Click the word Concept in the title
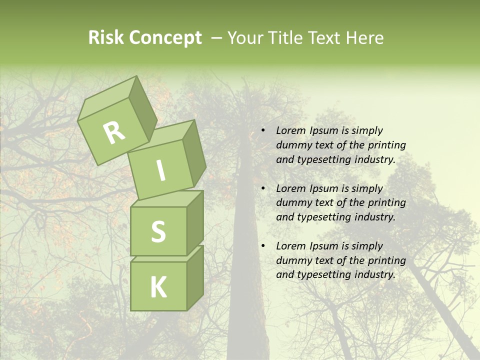(x=165, y=38)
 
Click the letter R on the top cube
(x=114, y=132)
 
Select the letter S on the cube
(x=158, y=231)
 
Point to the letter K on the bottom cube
(x=158, y=287)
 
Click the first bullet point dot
(x=263, y=131)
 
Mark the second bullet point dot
(x=263, y=188)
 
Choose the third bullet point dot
(x=263, y=246)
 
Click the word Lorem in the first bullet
(x=290, y=130)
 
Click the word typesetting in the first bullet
(x=323, y=160)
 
